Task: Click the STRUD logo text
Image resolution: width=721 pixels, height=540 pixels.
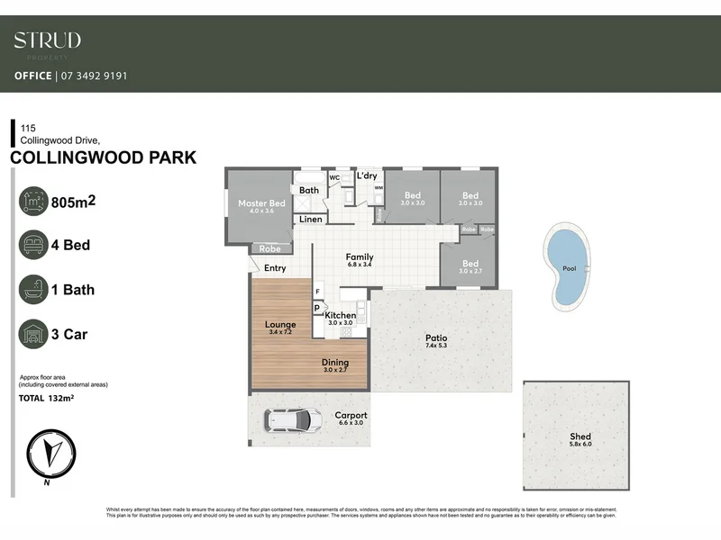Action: click(x=47, y=40)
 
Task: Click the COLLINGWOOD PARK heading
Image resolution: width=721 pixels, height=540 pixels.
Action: click(x=103, y=158)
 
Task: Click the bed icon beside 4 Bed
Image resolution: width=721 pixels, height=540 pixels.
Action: click(x=34, y=244)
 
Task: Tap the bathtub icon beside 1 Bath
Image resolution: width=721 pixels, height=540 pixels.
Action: click(x=34, y=289)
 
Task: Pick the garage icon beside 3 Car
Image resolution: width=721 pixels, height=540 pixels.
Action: click(x=34, y=334)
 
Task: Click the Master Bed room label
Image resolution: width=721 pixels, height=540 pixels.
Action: click(x=261, y=203)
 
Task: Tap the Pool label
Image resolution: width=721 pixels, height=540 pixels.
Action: click(x=569, y=268)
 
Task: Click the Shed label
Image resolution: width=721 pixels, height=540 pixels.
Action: click(x=580, y=436)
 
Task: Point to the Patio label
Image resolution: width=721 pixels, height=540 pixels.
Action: click(x=436, y=338)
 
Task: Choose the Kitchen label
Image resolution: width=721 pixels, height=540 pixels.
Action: click(x=342, y=315)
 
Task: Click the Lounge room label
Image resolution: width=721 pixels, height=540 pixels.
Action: click(x=280, y=324)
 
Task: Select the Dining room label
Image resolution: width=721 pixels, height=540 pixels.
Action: click(x=335, y=362)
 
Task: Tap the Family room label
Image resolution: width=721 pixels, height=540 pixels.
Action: click(x=360, y=257)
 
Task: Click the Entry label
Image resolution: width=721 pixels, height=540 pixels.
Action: click(x=275, y=267)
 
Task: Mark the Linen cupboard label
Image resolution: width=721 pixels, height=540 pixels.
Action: click(x=311, y=219)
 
